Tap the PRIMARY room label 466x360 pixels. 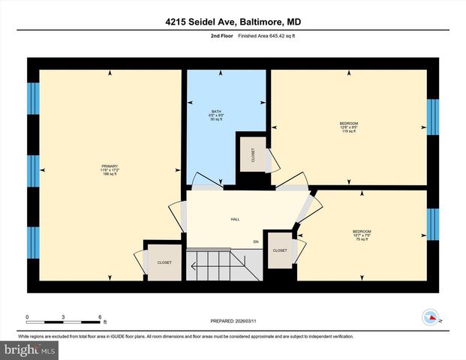pyautogui.click(x=110, y=166)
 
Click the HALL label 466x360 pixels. pyautogui.click(x=234, y=220)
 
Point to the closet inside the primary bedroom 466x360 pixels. pyautogui.click(x=164, y=262)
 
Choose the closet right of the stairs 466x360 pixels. pyautogui.click(x=279, y=250)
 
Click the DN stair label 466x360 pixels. pyautogui.click(x=256, y=242)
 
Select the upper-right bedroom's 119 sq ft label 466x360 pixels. pyautogui.click(x=348, y=131)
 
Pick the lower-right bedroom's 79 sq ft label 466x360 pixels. pyautogui.click(x=361, y=240)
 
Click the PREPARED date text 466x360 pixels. pyautogui.click(x=233, y=322)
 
